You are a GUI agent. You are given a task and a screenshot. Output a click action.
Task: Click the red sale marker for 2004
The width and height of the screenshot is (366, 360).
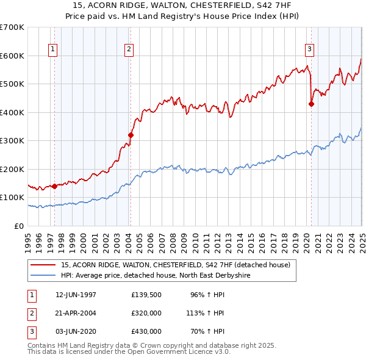[131, 135]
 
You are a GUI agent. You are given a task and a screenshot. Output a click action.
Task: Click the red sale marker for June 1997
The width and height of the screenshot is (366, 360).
[54, 186]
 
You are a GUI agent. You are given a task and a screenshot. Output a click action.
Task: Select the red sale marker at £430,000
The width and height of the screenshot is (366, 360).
[311, 104]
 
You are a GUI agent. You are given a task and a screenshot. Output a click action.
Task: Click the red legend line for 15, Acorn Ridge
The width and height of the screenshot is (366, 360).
[44, 265]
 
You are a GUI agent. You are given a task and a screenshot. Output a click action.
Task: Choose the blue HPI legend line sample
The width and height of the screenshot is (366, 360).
[44, 275]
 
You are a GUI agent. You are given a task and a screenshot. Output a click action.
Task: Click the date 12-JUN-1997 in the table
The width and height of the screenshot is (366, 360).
[75, 295]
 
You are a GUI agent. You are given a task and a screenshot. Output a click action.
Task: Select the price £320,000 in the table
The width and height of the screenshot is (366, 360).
[146, 313]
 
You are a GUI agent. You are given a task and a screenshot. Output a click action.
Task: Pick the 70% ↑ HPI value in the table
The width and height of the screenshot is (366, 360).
[210, 331]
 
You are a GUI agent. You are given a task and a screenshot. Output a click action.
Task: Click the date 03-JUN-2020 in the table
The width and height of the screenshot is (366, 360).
[75, 331]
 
